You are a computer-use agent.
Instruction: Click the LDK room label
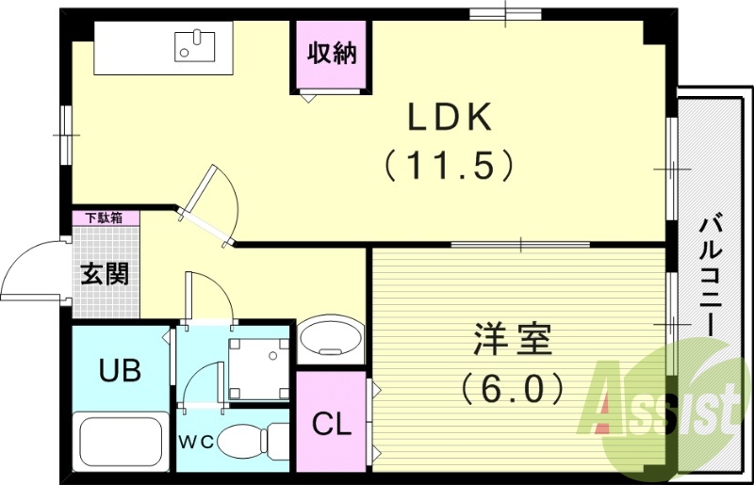tap(450, 118)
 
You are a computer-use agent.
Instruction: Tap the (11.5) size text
tap(450, 166)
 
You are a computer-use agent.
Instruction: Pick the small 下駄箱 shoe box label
tap(105, 218)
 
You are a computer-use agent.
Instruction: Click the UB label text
tap(121, 370)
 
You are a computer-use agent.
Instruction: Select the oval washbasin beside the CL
tap(331, 337)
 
